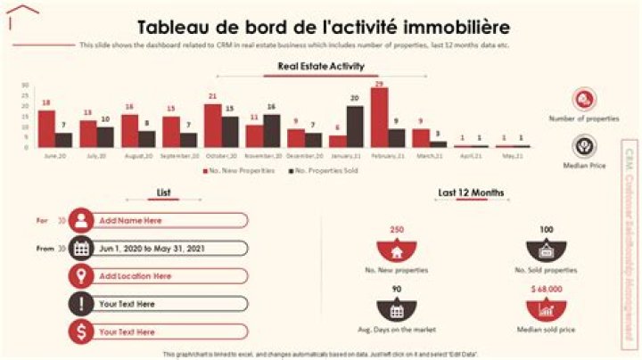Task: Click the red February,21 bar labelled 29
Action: coord(379,117)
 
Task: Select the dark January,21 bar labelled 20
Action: coord(355,127)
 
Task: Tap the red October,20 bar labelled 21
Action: coord(212,126)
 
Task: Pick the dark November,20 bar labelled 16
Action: coord(271,130)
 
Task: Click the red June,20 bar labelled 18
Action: coord(46,128)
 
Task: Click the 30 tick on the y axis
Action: coord(25,86)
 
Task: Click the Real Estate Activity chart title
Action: coord(321,66)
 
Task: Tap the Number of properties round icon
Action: coord(585,99)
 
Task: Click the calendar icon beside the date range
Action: coord(81,249)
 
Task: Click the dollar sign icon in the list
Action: coord(81,331)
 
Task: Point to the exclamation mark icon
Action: coord(81,304)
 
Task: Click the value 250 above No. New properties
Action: coord(397,229)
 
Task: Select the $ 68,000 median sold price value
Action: coord(545,290)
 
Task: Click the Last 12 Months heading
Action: coord(471,192)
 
